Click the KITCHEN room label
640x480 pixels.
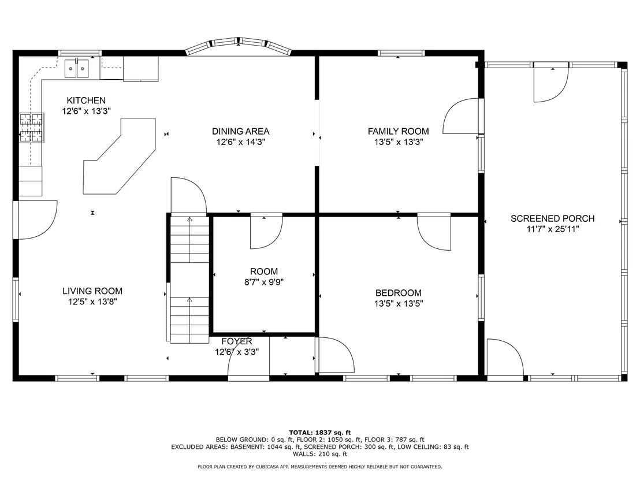pos(86,101)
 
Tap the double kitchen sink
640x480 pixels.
pos(77,68)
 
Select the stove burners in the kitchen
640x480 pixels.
pos(31,128)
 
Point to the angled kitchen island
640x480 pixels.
pos(120,156)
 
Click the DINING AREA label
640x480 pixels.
pos(240,132)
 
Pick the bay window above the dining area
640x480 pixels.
pos(239,45)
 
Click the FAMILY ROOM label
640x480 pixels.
pos(399,132)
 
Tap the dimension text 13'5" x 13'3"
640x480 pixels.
pos(399,142)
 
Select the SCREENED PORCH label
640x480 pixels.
pos(553,218)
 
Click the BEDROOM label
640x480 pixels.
pos(399,293)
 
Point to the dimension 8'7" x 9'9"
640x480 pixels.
pos(264,282)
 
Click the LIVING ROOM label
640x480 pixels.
pos(92,291)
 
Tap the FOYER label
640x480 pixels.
pos(237,341)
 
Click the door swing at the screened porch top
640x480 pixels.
pos(551,84)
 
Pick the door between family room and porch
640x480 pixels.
pos(460,116)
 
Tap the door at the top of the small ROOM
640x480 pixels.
pos(266,231)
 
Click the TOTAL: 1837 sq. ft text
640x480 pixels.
pos(319,433)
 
